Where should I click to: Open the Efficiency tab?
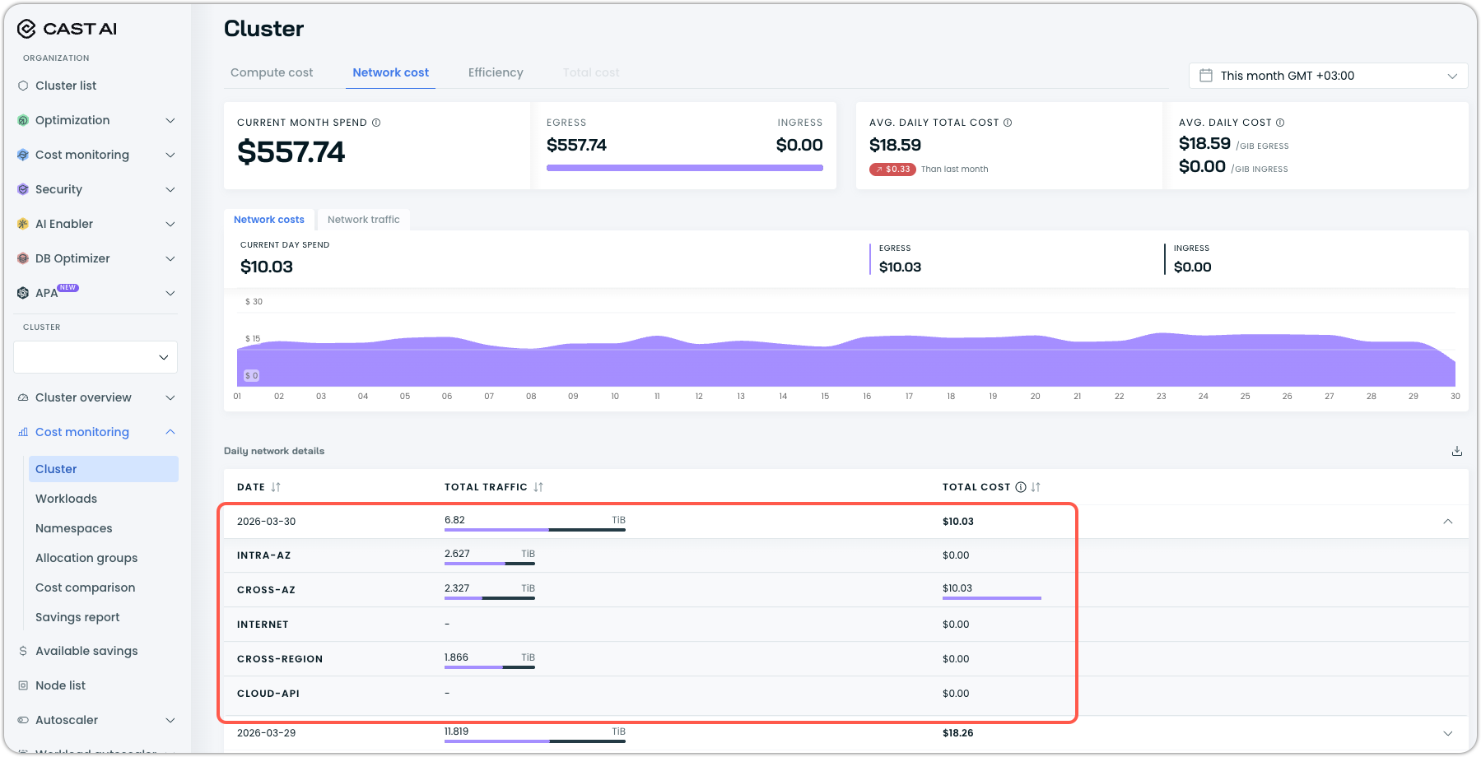point(496,72)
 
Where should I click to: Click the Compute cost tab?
point(272,72)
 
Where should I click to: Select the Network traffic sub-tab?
point(363,220)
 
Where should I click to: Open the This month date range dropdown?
point(1328,76)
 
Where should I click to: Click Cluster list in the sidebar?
point(66,86)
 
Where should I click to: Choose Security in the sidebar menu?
point(58,189)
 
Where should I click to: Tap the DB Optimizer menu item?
point(72,258)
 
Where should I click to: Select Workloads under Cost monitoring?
point(66,499)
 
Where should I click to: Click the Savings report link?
point(77,617)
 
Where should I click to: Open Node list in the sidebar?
point(60,685)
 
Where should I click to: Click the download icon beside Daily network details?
point(1456,451)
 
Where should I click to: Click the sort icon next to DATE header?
point(276,487)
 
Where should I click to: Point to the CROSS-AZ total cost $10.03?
point(957,588)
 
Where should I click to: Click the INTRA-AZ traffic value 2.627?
point(457,554)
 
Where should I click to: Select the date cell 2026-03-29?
point(266,733)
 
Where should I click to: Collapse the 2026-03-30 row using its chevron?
point(1447,522)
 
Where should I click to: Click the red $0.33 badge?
point(892,170)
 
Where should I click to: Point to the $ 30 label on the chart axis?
point(254,302)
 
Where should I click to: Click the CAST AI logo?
point(68,29)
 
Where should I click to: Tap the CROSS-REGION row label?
point(280,659)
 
